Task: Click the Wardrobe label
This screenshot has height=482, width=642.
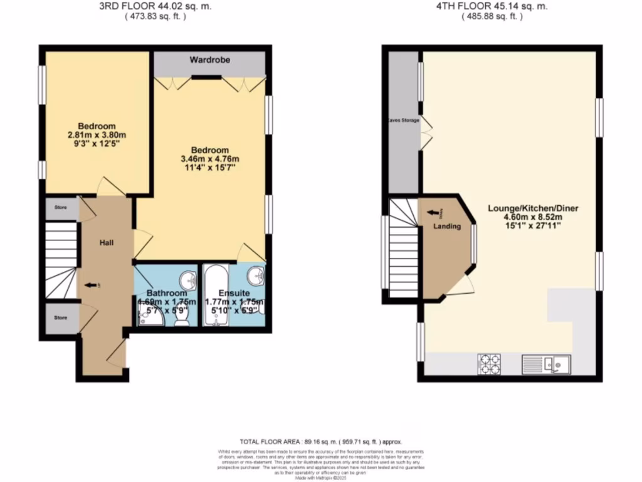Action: tap(211, 60)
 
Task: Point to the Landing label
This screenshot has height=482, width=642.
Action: tap(447, 227)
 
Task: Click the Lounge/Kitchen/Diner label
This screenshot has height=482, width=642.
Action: tap(535, 208)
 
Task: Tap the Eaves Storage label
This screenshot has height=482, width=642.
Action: tap(403, 120)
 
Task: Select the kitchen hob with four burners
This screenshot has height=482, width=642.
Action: tap(489, 365)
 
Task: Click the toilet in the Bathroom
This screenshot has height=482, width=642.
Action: tap(182, 318)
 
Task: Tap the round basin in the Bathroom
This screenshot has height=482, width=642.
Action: tap(187, 279)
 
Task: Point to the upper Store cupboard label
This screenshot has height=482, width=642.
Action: tap(60, 206)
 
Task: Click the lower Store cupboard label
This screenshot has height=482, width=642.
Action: tap(60, 318)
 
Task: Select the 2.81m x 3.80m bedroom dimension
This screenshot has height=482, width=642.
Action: tap(97, 134)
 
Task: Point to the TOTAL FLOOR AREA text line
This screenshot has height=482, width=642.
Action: tap(320, 442)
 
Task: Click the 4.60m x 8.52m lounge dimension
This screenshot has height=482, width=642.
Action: tap(535, 218)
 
